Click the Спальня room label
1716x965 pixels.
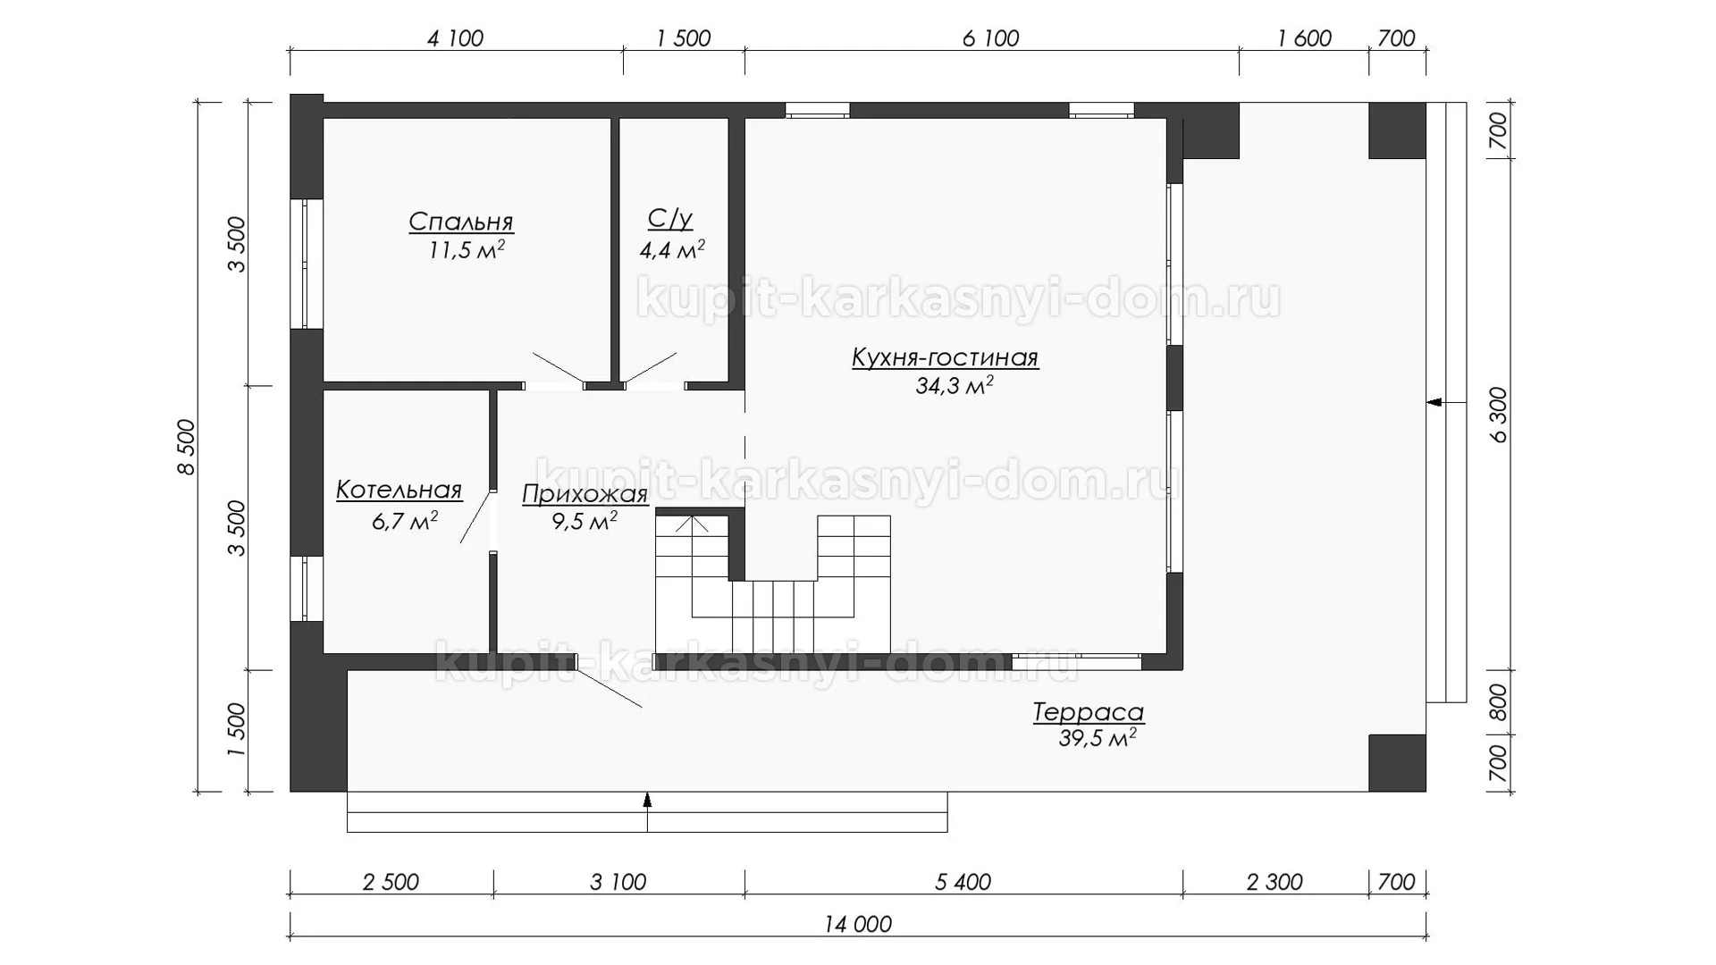461,222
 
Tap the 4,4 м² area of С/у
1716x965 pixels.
672,249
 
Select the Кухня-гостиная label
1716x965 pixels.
945,358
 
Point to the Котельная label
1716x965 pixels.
399,490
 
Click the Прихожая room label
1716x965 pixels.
585,494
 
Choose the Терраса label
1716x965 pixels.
1089,712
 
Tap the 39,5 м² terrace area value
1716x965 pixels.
1098,738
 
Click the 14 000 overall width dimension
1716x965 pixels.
858,924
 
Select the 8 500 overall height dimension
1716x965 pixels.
186,447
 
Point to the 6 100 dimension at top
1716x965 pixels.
991,38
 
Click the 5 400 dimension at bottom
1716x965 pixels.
963,882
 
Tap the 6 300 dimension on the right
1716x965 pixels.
1499,415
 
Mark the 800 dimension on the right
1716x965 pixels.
1499,702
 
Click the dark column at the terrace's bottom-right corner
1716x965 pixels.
1397,763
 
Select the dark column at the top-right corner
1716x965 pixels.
1397,130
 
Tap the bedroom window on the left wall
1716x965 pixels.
306,263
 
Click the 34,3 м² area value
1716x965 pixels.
955,386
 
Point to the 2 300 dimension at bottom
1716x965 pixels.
1274,882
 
